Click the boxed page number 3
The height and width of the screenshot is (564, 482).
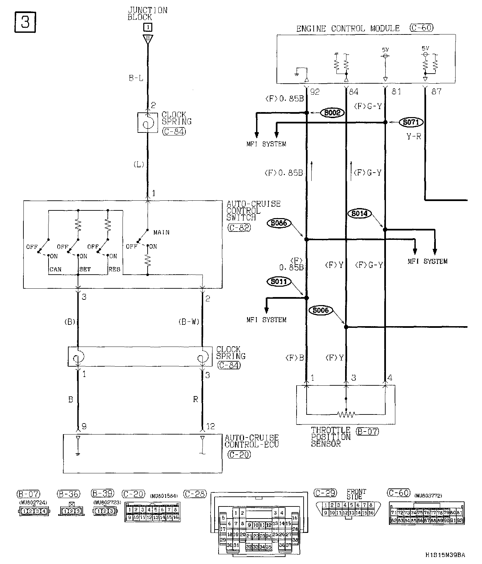25,22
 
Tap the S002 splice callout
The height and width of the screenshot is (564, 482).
332,113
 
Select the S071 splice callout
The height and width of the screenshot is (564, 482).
411,122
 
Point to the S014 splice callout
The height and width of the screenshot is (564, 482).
359,213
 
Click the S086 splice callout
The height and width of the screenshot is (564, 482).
279,223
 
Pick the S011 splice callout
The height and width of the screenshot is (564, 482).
279,282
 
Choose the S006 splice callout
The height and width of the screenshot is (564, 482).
321,310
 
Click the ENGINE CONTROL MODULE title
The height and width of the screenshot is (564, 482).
348,28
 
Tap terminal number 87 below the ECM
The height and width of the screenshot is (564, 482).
436,91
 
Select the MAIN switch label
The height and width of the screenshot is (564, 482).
161,232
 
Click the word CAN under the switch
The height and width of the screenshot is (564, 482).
56,269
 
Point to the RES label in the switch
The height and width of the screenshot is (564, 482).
114,269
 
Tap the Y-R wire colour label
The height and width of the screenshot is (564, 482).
414,136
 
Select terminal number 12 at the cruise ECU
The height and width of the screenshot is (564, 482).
210,426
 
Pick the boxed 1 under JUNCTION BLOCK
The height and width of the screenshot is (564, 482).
148,27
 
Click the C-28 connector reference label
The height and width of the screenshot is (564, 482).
195,494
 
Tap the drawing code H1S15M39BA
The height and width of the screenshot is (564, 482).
445,555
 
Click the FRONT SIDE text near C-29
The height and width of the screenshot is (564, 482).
356,494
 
